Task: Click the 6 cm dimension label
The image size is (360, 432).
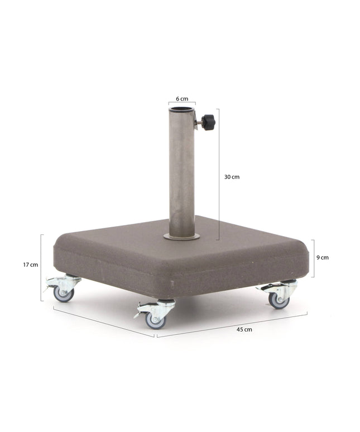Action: (x=182, y=99)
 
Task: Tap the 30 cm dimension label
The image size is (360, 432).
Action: (x=232, y=177)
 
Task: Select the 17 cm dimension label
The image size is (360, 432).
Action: (x=31, y=265)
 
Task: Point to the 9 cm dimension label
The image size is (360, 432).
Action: (x=322, y=257)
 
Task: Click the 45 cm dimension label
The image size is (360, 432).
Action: (x=244, y=329)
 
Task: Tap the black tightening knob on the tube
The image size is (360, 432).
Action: (x=209, y=121)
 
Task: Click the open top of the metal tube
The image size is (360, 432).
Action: (x=182, y=108)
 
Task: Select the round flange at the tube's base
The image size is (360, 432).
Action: (x=181, y=237)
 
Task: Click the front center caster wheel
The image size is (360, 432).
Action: (x=155, y=320)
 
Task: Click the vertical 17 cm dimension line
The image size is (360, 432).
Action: (x=41, y=267)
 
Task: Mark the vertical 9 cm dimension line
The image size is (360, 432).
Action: (x=312, y=258)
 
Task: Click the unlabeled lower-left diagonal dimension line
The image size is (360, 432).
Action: (x=103, y=321)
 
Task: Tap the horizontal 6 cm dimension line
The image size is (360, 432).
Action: (x=182, y=104)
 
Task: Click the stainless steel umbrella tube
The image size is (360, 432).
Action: (x=182, y=173)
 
